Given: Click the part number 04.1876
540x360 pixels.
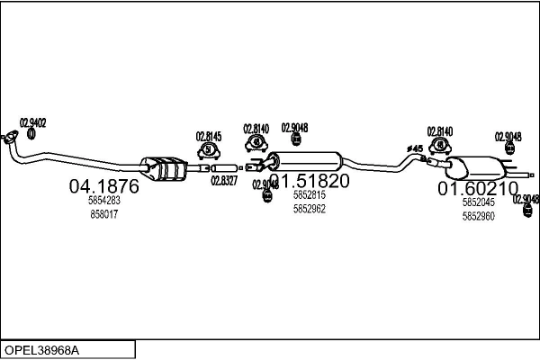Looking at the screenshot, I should (103, 187).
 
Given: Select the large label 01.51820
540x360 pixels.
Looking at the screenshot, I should (309, 181).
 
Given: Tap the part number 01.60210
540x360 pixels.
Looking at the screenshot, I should (478, 189).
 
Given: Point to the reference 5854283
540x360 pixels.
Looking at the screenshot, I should (103, 202).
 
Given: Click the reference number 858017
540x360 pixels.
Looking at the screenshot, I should (103, 215).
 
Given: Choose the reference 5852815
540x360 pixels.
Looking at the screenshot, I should (309, 194).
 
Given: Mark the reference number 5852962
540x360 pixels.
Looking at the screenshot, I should (309, 209).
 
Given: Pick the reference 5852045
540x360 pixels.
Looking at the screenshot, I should (478, 202).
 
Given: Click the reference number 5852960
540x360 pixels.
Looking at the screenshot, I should (478, 216).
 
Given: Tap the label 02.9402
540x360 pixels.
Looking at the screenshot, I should (33, 122).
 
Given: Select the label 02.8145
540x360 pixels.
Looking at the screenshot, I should (209, 137).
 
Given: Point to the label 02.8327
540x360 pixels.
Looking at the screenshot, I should (224, 180).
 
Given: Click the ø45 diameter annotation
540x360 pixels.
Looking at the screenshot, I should (415, 148).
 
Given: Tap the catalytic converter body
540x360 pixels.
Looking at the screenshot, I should (165, 167).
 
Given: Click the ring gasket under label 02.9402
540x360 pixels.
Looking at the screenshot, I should (31, 134).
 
